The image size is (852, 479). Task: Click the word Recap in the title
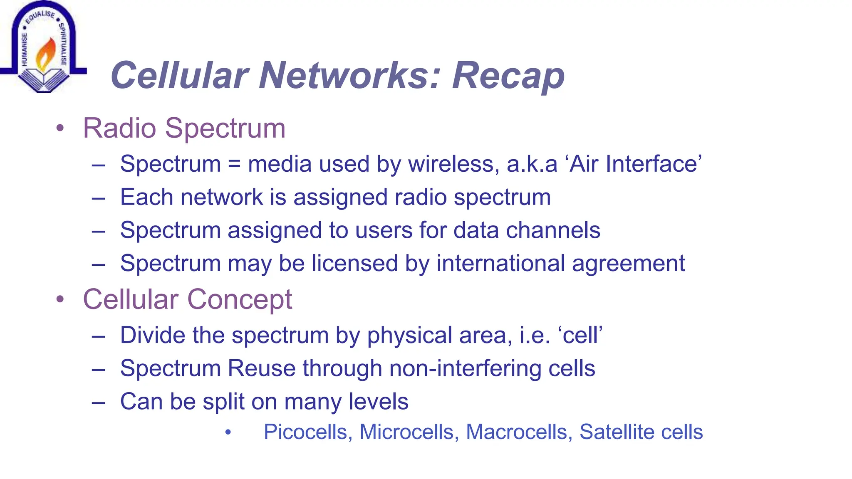click(x=508, y=76)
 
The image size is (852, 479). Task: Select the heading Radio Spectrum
click(x=184, y=128)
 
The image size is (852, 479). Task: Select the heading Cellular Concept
click(x=187, y=299)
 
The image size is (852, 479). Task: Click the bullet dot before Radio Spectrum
click(x=60, y=128)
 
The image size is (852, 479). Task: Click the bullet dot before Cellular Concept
click(x=60, y=300)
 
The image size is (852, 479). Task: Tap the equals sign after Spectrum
click(x=234, y=164)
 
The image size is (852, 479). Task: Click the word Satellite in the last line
click(x=617, y=432)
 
